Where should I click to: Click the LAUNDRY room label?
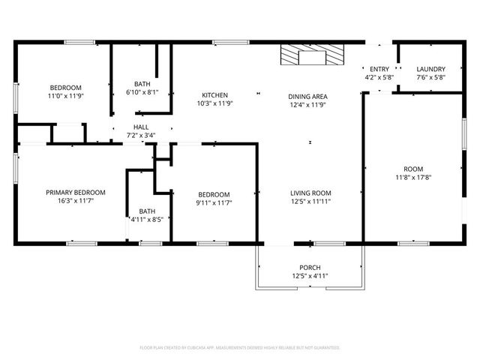[x=430, y=69]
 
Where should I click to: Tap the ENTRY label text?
[x=379, y=69]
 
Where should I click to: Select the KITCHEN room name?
[x=214, y=95]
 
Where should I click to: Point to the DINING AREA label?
[x=307, y=95]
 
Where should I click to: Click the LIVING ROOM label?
[x=310, y=193]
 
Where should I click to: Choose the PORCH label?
[x=310, y=268]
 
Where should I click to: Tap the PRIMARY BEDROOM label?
[x=75, y=193]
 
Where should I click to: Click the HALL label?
[x=140, y=127]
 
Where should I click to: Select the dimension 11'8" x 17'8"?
[x=412, y=178]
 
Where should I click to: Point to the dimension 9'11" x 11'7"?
[x=213, y=202]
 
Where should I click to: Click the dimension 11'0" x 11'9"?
[x=65, y=96]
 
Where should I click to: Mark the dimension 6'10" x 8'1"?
[x=142, y=92]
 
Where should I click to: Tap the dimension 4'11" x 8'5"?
[x=147, y=220]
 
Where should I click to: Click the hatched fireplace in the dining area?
[x=309, y=56]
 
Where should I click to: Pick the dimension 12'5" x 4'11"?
[x=310, y=277]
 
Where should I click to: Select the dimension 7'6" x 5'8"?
[x=430, y=77]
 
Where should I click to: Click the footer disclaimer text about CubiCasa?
[x=240, y=348]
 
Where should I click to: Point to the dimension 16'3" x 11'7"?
[x=75, y=202]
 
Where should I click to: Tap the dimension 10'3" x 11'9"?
[x=214, y=104]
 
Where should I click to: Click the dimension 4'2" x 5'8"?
[x=379, y=77]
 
